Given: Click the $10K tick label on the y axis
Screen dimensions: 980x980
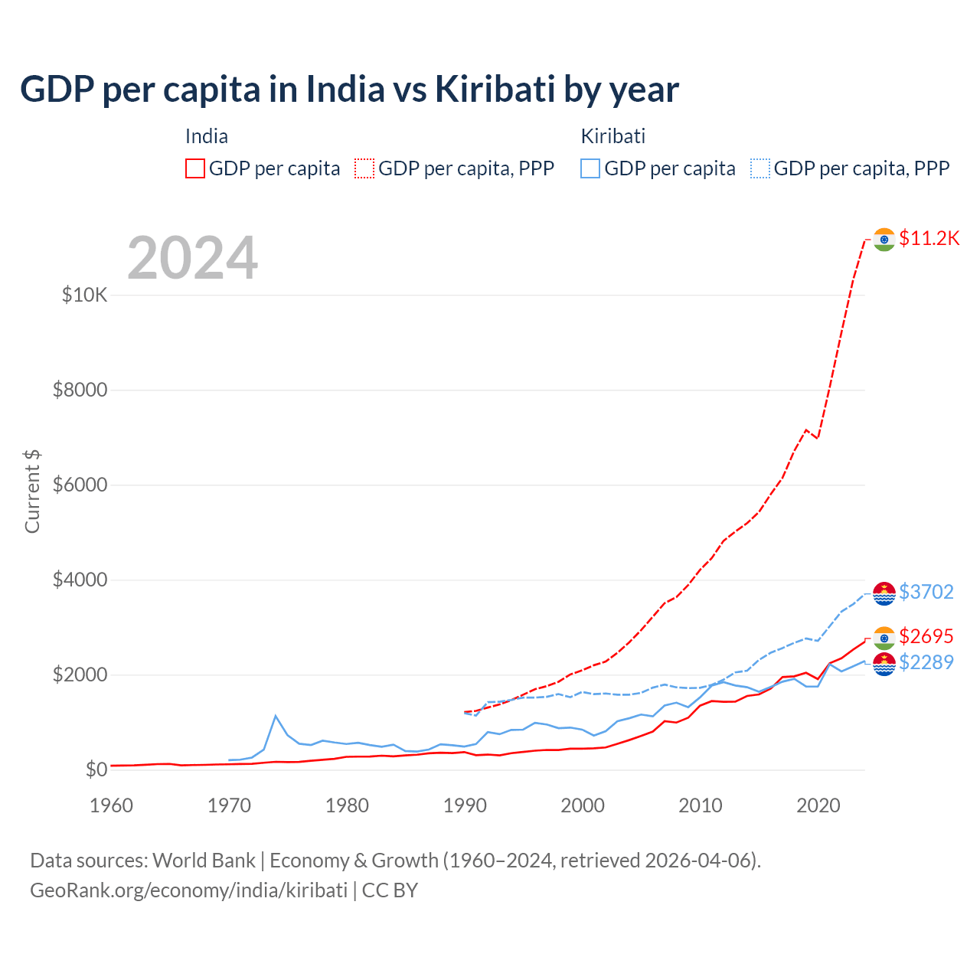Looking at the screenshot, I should (85, 296).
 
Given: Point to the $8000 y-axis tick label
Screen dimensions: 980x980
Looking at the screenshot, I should (80, 390).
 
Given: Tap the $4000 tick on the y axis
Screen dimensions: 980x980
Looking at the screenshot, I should (80, 580).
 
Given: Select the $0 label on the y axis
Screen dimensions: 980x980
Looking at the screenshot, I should (96, 770).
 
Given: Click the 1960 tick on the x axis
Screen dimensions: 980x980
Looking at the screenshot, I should (112, 805).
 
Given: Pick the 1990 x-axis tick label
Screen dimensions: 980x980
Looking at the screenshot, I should (465, 805).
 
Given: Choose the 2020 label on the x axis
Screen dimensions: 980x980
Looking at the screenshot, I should (818, 805).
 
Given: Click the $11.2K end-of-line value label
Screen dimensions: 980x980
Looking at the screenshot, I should (929, 238).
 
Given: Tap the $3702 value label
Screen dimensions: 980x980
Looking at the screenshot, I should (926, 592).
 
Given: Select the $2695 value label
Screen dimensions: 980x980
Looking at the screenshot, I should (926, 636).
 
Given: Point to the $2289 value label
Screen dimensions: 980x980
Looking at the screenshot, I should (926, 662).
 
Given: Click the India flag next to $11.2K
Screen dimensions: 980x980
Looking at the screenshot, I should (884, 240).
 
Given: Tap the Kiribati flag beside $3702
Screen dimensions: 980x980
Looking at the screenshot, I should (884, 593).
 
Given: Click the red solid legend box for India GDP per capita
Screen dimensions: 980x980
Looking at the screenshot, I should (195, 168).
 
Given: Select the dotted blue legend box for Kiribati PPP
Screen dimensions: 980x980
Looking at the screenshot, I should (760, 168).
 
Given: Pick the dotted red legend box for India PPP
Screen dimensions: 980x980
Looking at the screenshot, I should (364, 168).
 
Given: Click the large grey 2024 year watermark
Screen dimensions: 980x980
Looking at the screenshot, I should (192, 258).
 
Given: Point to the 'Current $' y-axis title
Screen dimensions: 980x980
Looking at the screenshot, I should (32, 492).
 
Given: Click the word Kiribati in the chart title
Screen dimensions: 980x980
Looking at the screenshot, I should (495, 90).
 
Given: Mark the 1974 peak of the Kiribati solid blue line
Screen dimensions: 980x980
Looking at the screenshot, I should (276, 716).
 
